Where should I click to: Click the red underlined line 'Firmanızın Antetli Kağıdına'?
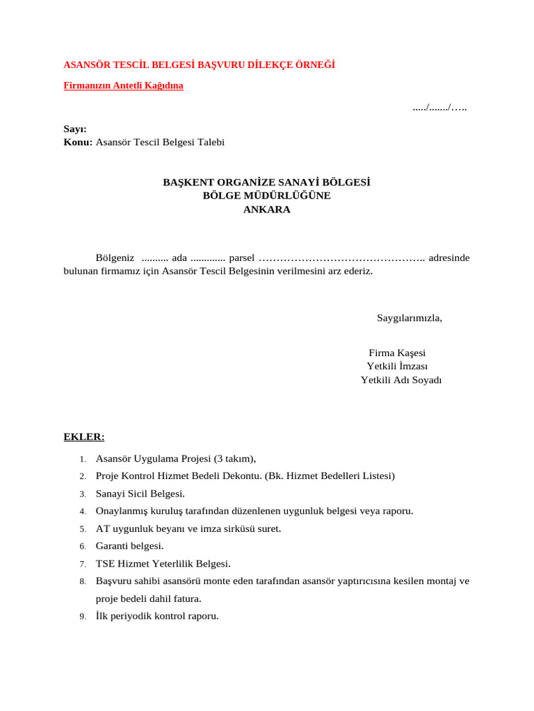tap(124, 86)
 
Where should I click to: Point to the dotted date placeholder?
tap(439, 108)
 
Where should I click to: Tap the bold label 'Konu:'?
tap(78, 142)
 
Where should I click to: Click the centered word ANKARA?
tap(267, 210)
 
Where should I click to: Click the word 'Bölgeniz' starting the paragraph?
tap(115, 258)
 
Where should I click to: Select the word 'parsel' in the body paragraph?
tap(242, 258)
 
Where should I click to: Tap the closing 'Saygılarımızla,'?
tap(410, 318)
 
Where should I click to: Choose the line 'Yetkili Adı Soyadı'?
tap(401, 380)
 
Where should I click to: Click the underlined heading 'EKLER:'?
tap(84, 437)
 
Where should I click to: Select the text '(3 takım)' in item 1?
tap(234, 458)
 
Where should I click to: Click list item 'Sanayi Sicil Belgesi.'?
tap(140, 494)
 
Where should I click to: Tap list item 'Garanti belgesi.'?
tap(130, 546)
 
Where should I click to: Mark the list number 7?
tap(82, 564)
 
